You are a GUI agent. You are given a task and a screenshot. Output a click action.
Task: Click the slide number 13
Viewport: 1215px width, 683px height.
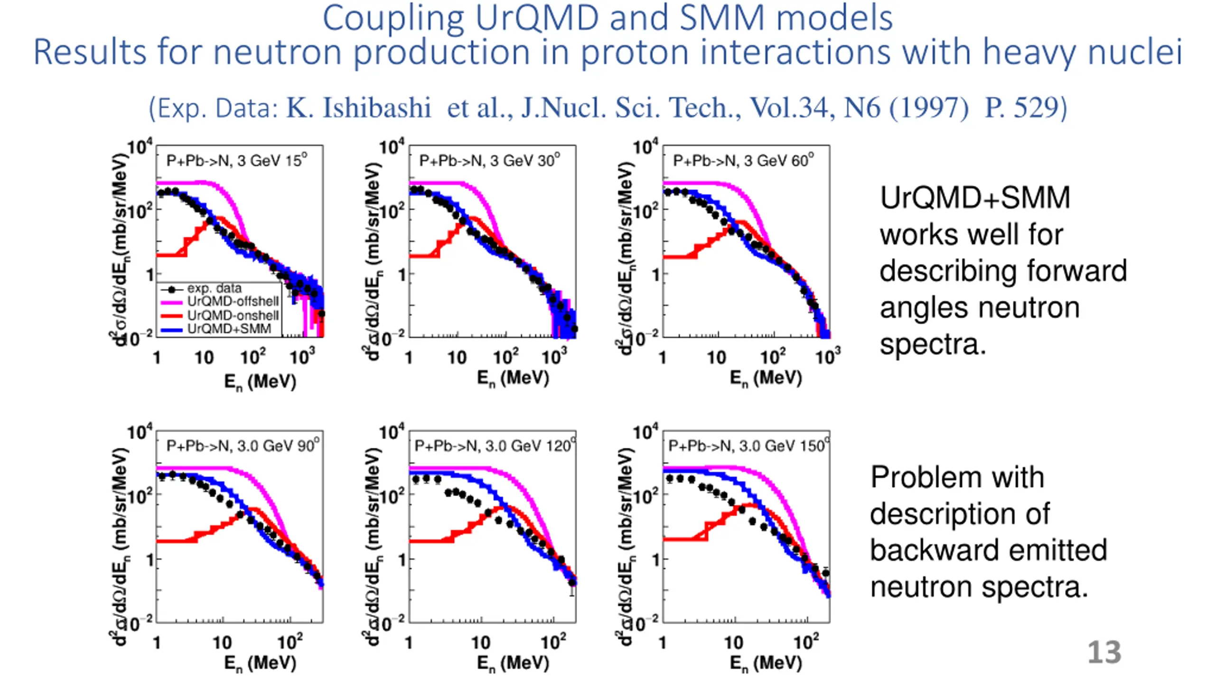point(1104,653)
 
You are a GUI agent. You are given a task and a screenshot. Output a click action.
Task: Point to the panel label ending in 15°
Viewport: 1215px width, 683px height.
point(236,161)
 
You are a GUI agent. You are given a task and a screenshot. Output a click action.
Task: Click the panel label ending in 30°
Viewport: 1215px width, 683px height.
point(489,161)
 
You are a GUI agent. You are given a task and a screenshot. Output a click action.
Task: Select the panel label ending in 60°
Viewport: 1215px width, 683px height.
point(743,161)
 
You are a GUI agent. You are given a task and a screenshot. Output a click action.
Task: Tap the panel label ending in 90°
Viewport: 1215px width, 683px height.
point(243,446)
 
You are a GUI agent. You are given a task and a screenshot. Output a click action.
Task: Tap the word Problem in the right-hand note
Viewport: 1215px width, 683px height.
point(957,477)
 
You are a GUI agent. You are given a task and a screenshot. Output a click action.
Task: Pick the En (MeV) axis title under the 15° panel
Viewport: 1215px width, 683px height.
point(260,381)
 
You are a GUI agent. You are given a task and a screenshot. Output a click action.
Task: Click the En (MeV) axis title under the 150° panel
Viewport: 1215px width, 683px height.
point(766,663)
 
